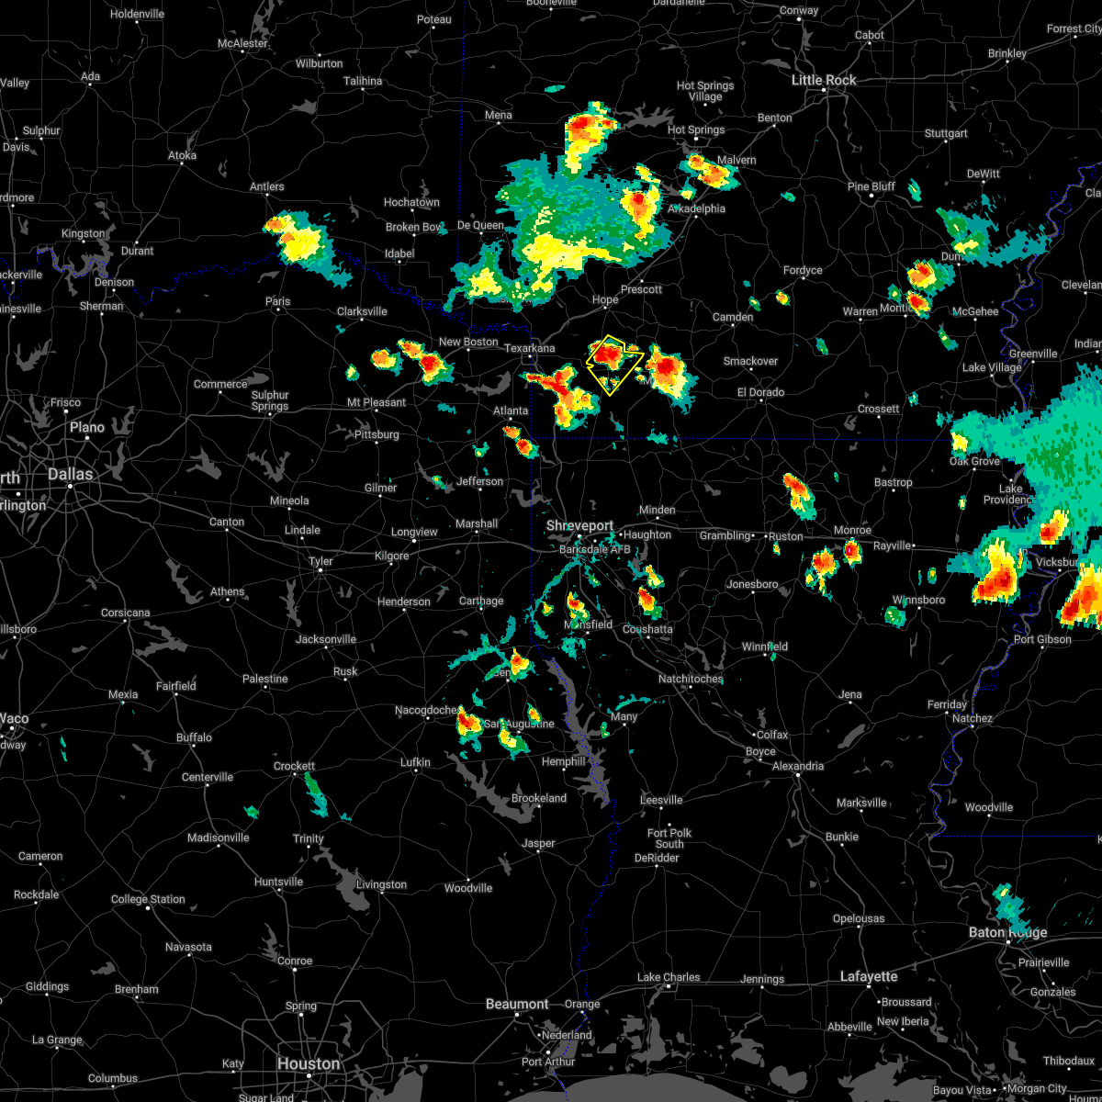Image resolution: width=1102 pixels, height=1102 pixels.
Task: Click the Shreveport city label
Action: (x=580, y=525)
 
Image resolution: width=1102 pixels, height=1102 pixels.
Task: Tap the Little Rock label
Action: (x=824, y=80)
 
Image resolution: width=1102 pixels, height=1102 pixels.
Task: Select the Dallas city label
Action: (x=71, y=474)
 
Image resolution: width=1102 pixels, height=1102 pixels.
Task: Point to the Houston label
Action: (x=309, y=1063)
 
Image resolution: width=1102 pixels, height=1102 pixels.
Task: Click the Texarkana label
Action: (x=530, y=348)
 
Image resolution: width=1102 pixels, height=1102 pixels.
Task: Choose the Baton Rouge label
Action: (x=1006, y=932)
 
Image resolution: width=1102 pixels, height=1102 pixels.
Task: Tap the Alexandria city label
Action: (x=798, y=766)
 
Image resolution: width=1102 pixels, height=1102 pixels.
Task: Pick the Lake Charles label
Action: (x=669, y=977)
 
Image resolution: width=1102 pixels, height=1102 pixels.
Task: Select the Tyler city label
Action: (x=320, y=561)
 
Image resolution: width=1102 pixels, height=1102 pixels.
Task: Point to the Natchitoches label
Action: (x=691, y=679)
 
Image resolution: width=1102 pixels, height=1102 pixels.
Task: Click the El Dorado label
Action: (x=760, y=392)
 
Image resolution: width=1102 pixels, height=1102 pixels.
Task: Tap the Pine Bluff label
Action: (x=871, y=186)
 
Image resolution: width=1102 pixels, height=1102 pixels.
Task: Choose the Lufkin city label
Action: (x=415, y=762)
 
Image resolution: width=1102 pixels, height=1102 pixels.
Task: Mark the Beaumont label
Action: (x=517, y=1004)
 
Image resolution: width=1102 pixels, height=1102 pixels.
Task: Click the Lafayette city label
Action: (x=869, y=976)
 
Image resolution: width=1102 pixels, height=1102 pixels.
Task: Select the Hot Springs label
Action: (x=696, y=130)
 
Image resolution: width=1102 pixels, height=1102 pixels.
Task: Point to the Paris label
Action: (x=277, y=301)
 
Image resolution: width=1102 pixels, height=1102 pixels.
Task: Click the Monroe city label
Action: (x=852, y=530)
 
